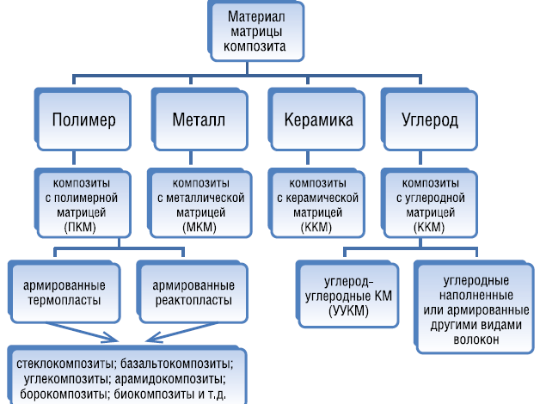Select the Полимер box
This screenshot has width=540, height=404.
click(83, 119)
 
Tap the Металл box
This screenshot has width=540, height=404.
click(199, 119)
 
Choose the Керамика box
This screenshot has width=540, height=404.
click(318, 119)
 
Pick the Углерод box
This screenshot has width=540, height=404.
click(429, 119)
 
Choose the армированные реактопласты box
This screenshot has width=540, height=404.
click(192, 292)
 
